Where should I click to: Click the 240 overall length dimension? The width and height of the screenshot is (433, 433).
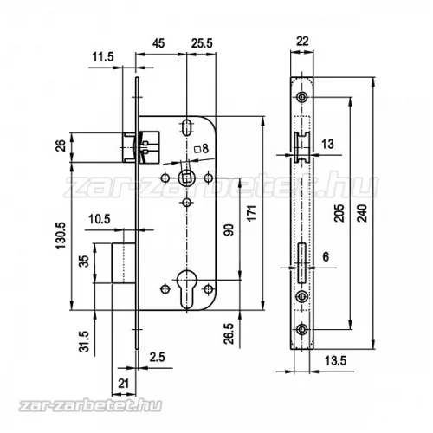click(362, 213)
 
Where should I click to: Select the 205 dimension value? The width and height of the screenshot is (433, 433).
click(339, 213)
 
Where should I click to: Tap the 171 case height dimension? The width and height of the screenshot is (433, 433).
click(252, 213)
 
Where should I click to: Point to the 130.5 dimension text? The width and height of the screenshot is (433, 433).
click(61, 236)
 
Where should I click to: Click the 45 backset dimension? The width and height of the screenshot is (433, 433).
click(158, 43)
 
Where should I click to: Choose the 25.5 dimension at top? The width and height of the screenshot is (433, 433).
click(202, 43)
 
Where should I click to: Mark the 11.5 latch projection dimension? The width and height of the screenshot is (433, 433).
click(103, 57)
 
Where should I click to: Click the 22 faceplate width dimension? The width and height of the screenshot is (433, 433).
click(302, 41)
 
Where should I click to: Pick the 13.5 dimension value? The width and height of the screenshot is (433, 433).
click(335, 361)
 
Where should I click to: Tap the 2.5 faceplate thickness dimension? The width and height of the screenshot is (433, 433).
click(157, 357)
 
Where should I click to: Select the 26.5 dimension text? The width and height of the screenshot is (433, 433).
click(229, 333)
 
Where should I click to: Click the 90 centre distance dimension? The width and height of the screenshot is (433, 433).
click(229, 229)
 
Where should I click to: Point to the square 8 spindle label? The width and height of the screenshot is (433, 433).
click(201, 149)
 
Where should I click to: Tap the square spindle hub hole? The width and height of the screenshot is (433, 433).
click(186, 178)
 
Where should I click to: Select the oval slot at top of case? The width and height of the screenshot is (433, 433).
click(186, 127)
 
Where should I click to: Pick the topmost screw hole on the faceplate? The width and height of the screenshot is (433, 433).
click(302, 97)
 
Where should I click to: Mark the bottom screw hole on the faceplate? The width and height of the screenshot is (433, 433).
click(302, 329)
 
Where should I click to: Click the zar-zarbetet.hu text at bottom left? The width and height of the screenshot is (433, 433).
click(90, 405)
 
